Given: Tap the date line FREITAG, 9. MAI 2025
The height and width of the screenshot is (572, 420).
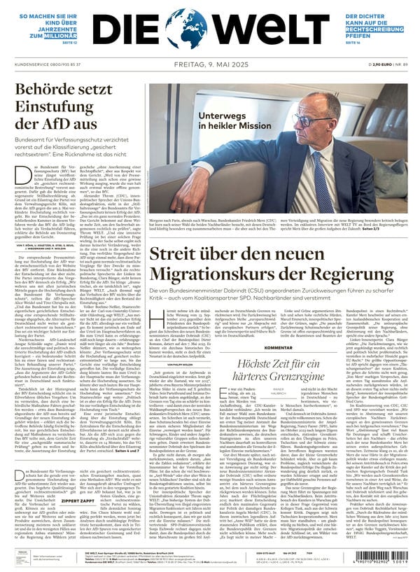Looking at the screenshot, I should (x=210, y=64).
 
